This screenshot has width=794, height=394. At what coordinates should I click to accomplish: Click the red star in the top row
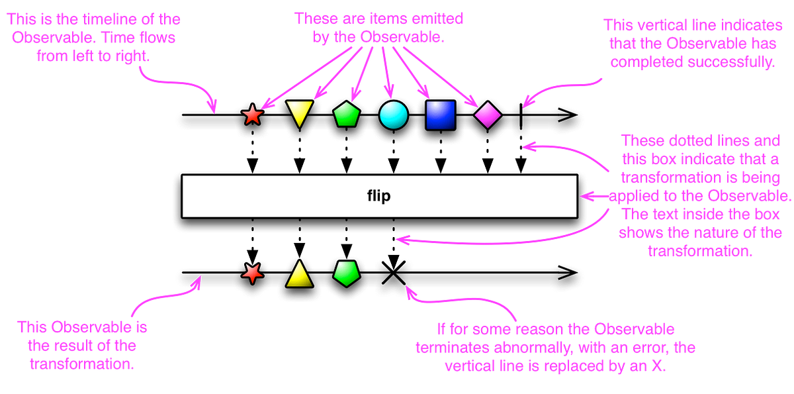coord(252,115)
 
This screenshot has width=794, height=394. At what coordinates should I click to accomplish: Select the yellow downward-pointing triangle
coord(299,113)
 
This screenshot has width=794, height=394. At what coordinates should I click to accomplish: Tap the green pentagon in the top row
coord(347,115)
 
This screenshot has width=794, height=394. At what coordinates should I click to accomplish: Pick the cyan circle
coord(394,115)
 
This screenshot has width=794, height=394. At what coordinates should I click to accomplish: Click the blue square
coord(441,115)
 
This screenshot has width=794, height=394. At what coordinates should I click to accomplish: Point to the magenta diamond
coord(488,115)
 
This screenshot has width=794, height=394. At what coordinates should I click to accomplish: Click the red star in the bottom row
coord(252,273)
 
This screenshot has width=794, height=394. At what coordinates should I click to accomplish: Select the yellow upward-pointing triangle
coord(299,274)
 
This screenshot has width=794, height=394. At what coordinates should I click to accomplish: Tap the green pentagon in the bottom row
coord(347,273)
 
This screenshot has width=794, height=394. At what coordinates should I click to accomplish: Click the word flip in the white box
coord(379,196)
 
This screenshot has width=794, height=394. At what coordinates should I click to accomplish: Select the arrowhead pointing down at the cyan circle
coord(389,95)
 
